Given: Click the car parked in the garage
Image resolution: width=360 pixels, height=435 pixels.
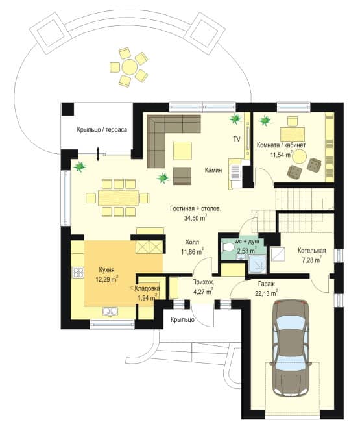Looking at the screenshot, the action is tap(291, 349).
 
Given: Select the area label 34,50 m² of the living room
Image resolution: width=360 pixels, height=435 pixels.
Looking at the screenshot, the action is tap(195, 218).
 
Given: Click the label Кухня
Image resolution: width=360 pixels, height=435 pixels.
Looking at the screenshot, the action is tap(106, 269).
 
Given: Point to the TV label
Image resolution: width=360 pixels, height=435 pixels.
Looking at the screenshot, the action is tap(237, 140).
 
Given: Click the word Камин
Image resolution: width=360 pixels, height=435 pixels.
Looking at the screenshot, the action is tap(213, 170).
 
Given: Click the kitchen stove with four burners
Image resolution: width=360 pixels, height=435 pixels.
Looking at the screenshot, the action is tap(78, 272).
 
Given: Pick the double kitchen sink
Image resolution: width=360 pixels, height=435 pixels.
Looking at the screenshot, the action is tap(110, 312).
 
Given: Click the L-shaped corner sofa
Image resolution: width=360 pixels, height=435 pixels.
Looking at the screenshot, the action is tap(166, 134).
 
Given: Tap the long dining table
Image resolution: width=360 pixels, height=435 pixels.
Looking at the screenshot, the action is tap(118, 197).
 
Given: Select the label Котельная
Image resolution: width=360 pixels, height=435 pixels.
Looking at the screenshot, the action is tap(312, 251).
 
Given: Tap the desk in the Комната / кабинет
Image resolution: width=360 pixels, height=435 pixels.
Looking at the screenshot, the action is tap(293, 134).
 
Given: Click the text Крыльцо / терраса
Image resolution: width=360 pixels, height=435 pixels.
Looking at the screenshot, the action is tap(102, 130).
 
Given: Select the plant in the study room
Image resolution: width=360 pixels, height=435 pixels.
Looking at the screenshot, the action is tap(265, 121).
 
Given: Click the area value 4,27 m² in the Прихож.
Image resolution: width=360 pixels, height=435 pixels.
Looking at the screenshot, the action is tap(202, 292).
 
